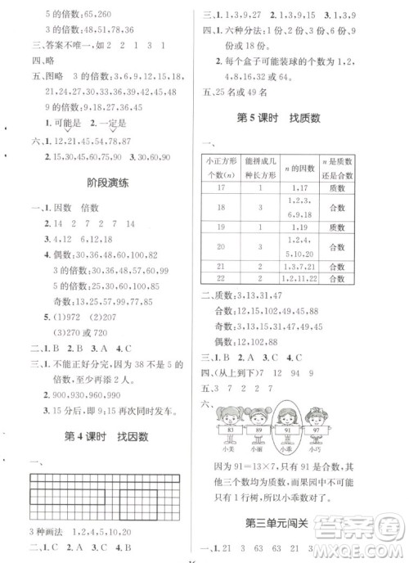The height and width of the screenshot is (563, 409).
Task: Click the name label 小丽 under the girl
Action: pos(259,448)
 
